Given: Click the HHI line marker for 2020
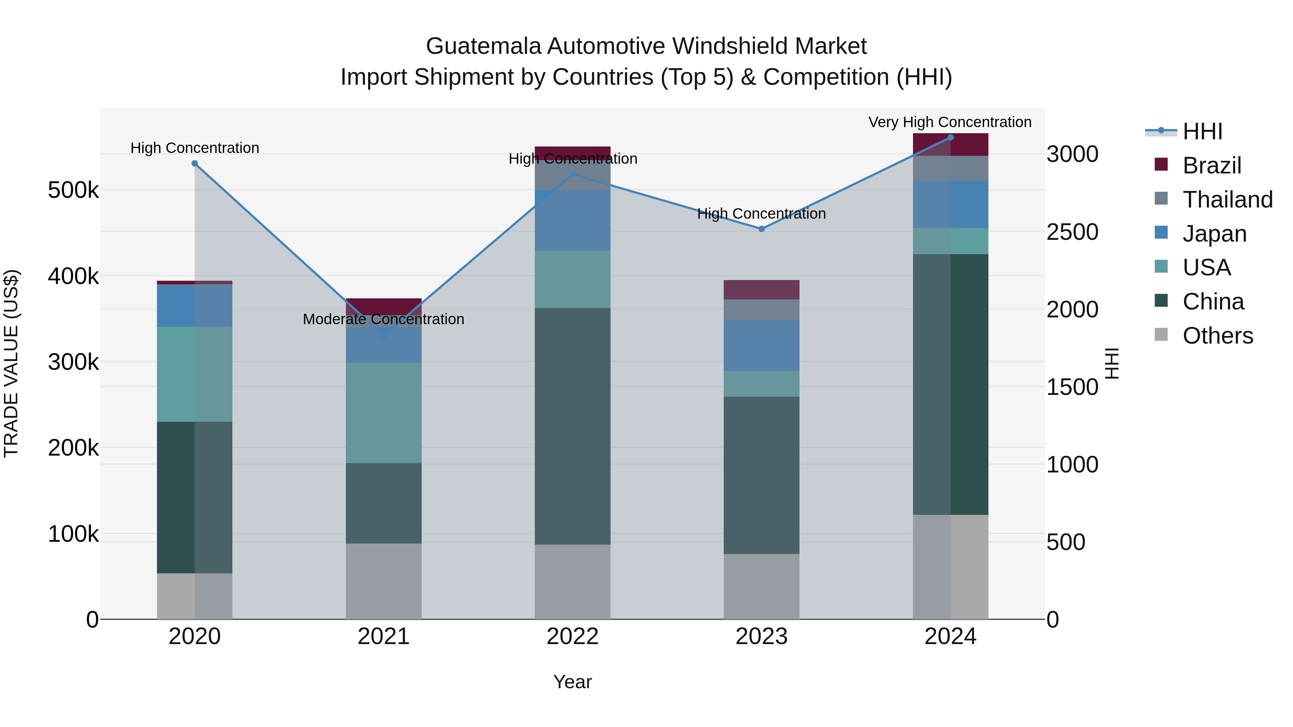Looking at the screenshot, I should [x=195, y=164].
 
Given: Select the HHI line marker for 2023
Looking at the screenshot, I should [x=761, y=229].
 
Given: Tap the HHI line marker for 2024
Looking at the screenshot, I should [x=950, y=138].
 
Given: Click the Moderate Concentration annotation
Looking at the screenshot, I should [x=384, y=319].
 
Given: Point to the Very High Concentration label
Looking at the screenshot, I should [x=950, y=122].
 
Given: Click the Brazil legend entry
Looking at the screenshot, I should [x=1212, y=166].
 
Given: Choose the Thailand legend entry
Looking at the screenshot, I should [x=1227, y=200].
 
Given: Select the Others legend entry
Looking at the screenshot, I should [x=1217, y=336].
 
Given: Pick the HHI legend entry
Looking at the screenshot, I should [x=1202, y=131].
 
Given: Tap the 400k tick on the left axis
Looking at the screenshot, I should [x=73, y=276].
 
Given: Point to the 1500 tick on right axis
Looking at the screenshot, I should [x=1072, y=387].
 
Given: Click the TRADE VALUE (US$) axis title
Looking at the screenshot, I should [x=11, y=363].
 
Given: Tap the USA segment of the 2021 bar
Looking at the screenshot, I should [x=384, y=413].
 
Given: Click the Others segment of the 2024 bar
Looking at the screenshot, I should [x=950, y=567].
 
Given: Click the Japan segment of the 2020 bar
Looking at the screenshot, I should [x=195, y=306].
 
